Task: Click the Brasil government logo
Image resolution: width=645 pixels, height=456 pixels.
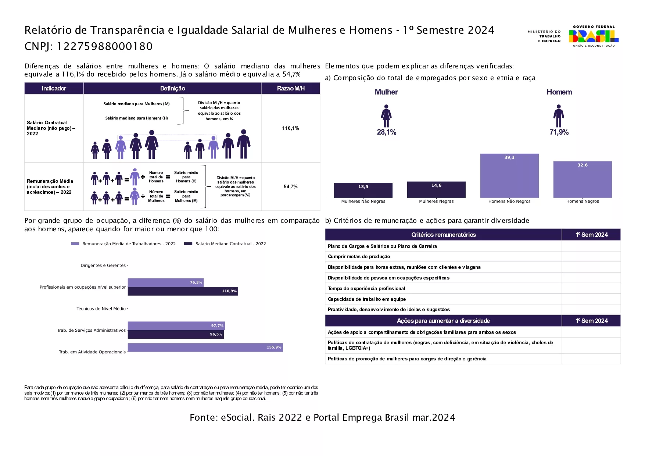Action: pos(593,36)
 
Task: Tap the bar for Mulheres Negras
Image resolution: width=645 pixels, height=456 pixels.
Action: pos(436,190)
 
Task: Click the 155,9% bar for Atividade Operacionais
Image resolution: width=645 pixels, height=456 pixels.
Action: pos(205,347)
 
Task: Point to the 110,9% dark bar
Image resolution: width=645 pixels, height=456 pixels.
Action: pos(183,291)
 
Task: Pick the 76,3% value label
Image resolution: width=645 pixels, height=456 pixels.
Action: pos(196,282)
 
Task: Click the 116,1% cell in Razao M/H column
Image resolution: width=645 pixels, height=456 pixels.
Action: pos(290,128)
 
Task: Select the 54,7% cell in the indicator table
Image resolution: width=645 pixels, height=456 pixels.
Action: pos(290,187)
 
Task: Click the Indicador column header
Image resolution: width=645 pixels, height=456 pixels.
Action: pos(54,88)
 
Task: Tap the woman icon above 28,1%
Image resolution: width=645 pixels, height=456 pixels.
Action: pos(386,116)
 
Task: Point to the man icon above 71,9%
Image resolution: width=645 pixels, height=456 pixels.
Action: pos(559,116)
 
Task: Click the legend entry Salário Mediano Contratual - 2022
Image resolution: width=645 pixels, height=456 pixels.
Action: pos(225,244)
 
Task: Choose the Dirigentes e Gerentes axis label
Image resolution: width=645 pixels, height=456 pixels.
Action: pos(103,266)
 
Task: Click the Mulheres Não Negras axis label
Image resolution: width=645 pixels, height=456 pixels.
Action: pos(363,202)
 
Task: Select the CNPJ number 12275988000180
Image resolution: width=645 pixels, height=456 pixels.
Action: pos(105,46)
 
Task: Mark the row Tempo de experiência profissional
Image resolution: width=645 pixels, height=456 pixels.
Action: pos(366,289)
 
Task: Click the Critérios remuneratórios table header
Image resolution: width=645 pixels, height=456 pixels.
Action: pos(443,235)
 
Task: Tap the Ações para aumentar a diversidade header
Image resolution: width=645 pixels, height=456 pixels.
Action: pos(443,321)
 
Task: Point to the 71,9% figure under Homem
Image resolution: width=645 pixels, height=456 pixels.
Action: pos(559,132)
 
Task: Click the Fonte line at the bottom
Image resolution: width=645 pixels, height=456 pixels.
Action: pos(322,418)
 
